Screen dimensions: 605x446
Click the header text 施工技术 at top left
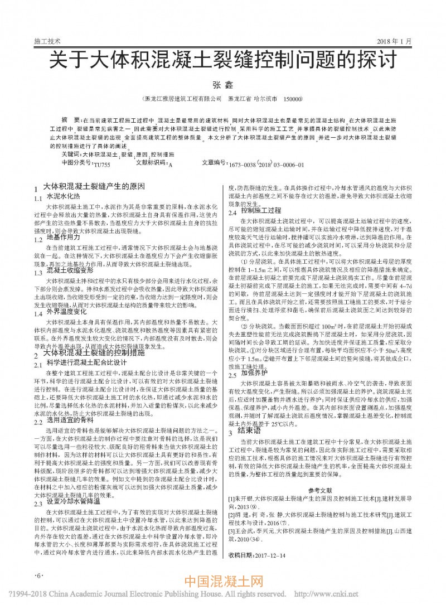click(47, 42)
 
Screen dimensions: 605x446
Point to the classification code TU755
click(102, 165)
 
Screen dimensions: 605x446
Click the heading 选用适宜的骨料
click(70, 420)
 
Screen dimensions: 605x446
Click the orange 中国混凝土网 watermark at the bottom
click(222, 583)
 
